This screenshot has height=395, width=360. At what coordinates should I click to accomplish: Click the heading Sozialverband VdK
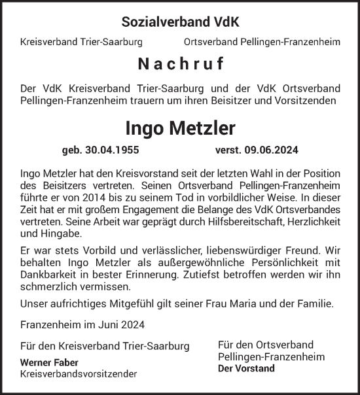pos(180,22)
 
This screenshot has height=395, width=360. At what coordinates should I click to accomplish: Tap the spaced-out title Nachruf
pos(180,65)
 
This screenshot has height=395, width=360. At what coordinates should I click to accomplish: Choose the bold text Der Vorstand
pos(245,368)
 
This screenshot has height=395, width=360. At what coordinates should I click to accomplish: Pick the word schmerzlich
pos(48,286)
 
